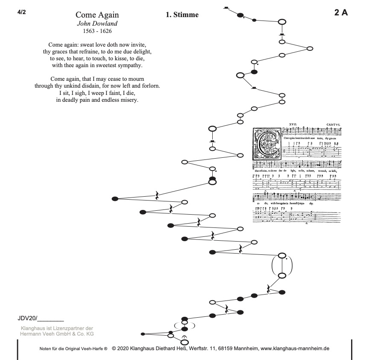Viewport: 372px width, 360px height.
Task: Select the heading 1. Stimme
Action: [182, 15]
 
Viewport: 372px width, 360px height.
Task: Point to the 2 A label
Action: [341, 12]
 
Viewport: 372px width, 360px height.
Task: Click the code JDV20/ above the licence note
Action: [28, 318]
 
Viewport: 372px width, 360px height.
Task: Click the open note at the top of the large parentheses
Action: [282, 256]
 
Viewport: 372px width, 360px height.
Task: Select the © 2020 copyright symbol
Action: [114, 348]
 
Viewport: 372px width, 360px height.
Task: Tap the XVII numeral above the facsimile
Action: [293, 124]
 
